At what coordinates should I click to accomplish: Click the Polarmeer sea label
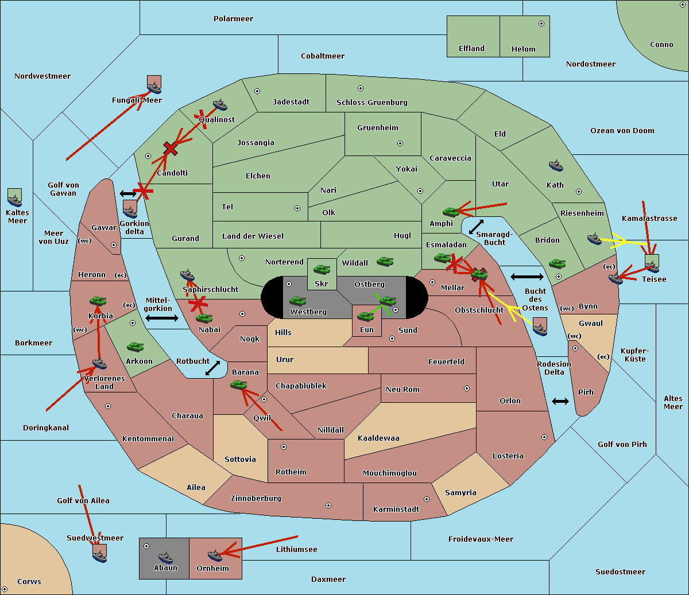click(x=233, y=19)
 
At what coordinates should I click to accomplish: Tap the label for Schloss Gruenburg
click(x=371, y=103)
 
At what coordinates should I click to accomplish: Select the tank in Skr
click(x=322, y=269)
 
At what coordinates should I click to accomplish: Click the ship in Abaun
click(x=165, y=557)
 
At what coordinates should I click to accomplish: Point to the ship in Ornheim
click(x=215, y=555)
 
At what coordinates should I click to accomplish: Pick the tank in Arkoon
click(x=135, y=347)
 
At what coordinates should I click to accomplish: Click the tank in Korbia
click(x=98, y=301)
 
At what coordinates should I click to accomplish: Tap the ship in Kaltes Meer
click(x=14, y=200)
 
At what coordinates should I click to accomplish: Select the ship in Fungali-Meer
click(x=154, y=87)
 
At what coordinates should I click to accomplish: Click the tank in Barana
click(x=238, y=385)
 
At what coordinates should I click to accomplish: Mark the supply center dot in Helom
click(x=541, y=24)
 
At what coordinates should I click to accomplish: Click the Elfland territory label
click(x=471, y=49)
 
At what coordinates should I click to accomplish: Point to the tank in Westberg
click(x=297, y=301)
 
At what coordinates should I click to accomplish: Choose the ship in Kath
click(x=555, y=166)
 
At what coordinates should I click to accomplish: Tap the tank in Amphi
click(x=451, y=212)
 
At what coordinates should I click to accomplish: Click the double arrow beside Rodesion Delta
click(x=560, y=401)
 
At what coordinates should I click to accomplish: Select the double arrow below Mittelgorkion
click(x=162, y=318)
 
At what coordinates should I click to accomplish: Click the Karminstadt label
click(x=396, y=509)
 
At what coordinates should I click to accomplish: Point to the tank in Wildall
click(x=385, y=261)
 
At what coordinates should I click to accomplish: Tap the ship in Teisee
click(x=652, y=264)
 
